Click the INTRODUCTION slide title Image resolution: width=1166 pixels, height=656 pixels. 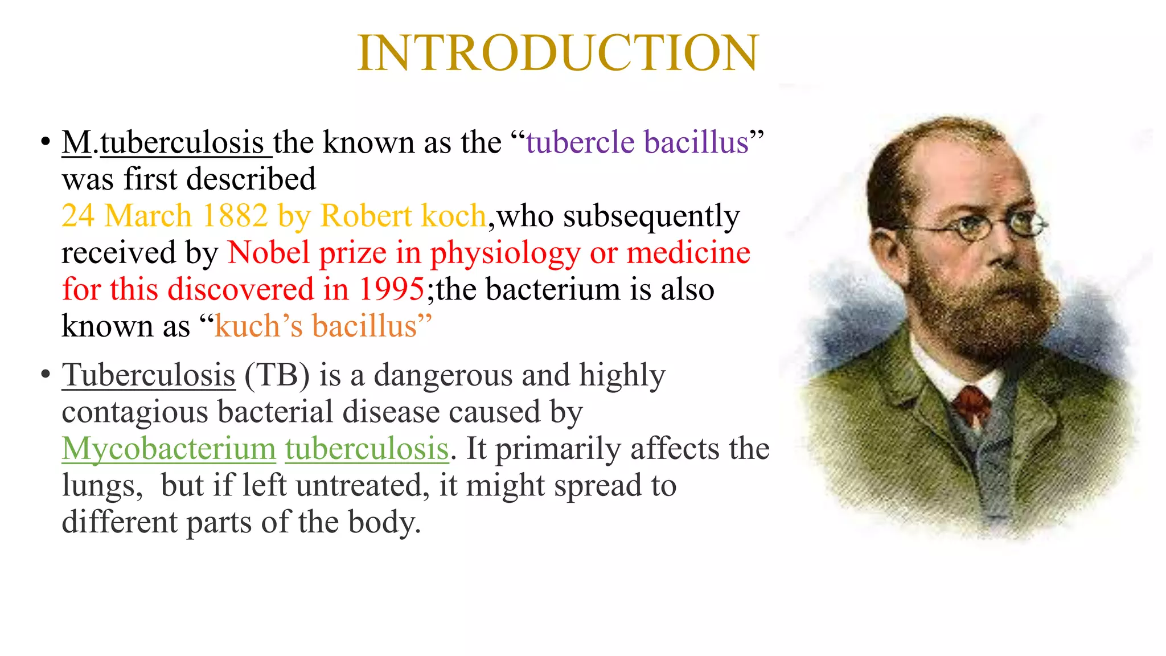coord(558,52)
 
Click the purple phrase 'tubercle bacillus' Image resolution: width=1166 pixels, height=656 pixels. coord(637,142)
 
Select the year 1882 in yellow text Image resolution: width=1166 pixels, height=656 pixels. coord(235,216)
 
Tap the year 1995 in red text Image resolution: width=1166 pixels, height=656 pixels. coord(391,289)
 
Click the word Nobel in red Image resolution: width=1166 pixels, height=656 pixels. coord(268,253)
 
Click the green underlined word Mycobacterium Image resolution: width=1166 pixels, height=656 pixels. coord(169,449)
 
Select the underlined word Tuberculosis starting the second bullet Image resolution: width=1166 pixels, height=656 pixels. coord(148,375)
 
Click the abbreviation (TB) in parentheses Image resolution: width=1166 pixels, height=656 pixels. coord(277,375)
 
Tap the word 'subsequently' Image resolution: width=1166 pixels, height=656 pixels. coord(651,216)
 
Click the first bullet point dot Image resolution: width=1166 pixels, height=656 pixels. coord(46,142)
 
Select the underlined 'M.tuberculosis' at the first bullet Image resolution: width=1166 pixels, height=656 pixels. coord(165,142)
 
